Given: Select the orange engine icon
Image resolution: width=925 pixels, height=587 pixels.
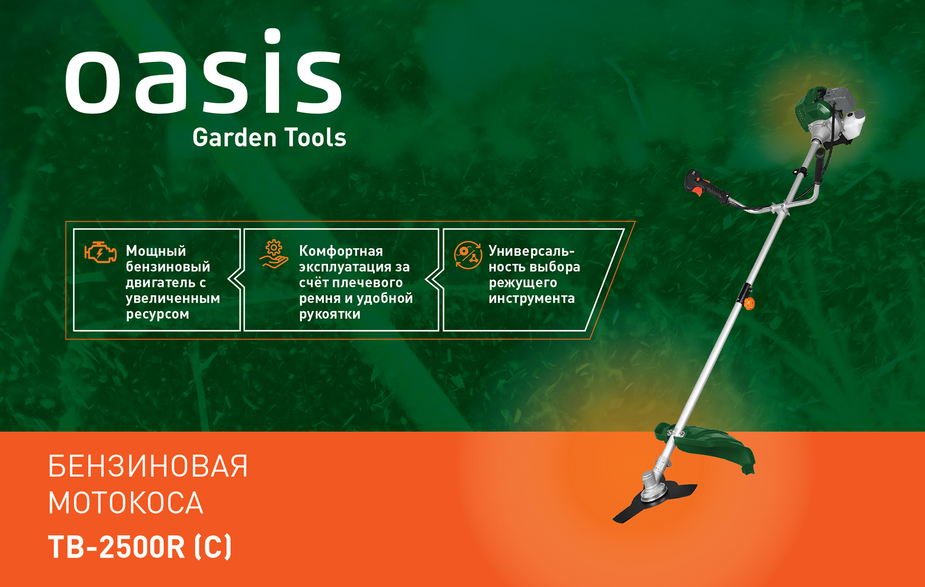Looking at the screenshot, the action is (101, 252).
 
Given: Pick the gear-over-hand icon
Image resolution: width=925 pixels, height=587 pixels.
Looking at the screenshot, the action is (273, 254).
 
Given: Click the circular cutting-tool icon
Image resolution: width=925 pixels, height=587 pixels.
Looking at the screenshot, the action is (468, 255).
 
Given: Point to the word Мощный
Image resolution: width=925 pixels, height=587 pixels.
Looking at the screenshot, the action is (156, 251).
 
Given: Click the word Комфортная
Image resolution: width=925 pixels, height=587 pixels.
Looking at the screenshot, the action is (341, 251).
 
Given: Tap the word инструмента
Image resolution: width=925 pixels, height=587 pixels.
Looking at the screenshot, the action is (531, 298).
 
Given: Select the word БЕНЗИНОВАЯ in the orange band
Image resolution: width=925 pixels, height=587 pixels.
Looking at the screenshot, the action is (148, 466).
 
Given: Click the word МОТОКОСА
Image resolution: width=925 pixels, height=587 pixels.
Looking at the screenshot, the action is (126, 503).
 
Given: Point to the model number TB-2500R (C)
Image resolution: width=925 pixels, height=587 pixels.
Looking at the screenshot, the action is (140, 547).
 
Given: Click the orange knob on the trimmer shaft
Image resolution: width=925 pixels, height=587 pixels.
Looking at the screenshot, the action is (749, 304).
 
